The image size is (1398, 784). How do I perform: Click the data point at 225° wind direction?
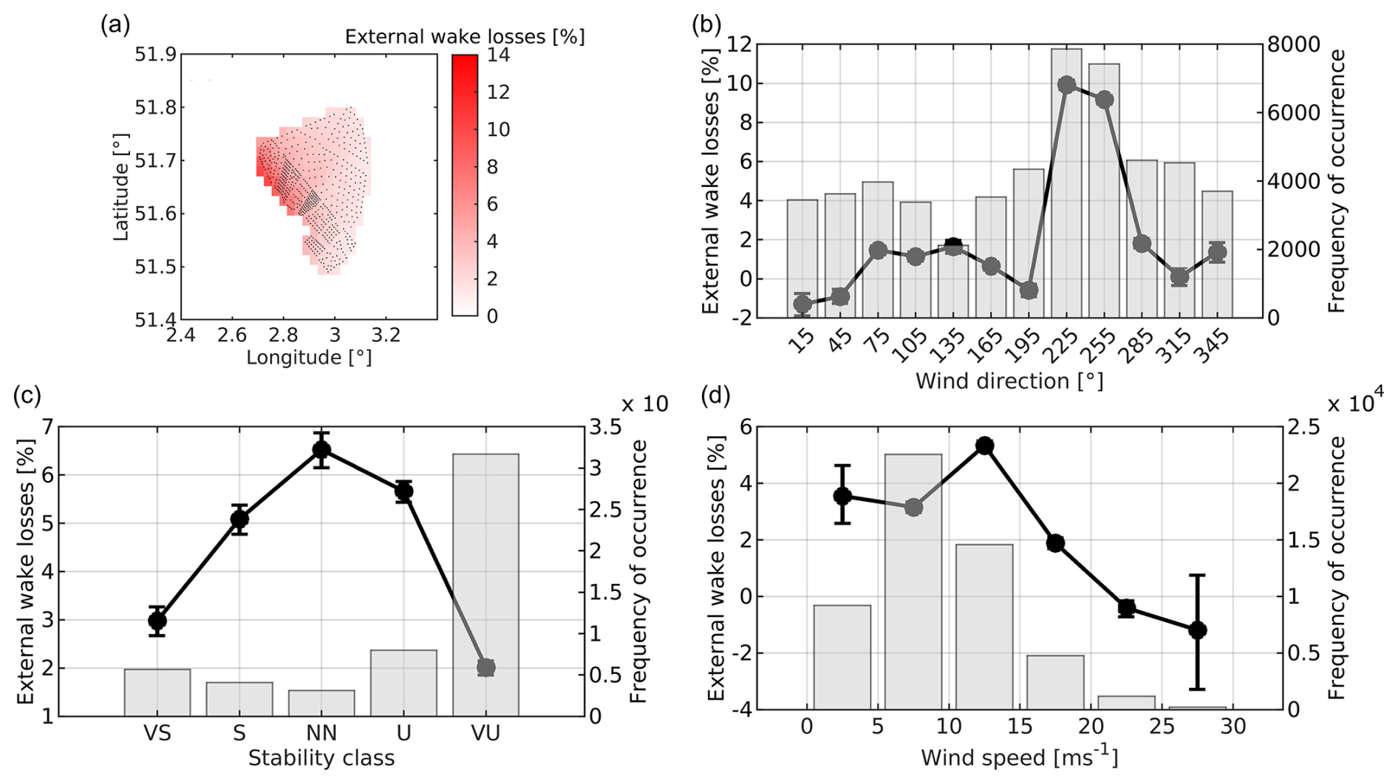tap(1066, 85)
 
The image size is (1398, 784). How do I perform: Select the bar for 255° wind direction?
tap(1104, 191)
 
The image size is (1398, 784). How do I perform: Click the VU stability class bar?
tap(485, 584)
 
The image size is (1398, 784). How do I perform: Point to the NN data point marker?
tap(321, 450)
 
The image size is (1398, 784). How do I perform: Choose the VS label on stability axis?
tap(157, 733)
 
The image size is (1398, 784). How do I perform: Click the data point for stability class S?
tap(239, 519)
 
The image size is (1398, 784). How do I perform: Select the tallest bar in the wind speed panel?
tap(913, 582)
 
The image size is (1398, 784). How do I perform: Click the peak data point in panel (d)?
tap(984, 446)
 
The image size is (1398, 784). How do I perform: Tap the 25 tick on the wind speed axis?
tap(1162, 727)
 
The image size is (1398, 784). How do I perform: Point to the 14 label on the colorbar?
tap(497, 55)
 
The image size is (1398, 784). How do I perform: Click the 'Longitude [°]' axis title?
tap(309, 358)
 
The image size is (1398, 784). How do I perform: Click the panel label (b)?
tap(706, 25)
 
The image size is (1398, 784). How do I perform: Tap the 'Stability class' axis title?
tap(321, 758)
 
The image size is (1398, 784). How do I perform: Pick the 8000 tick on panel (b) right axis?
tap(1293, 44)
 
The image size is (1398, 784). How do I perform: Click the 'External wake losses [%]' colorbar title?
tap(465, 36)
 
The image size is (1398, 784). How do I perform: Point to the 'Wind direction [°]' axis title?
tap(1009, 382)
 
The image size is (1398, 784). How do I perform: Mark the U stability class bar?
tap(403, 683)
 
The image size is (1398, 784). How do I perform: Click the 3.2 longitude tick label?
tap(386, 335)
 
